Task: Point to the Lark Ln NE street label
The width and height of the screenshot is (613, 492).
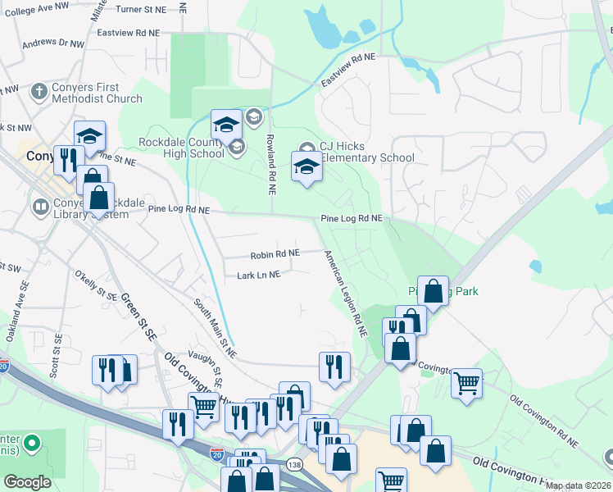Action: (259, 275)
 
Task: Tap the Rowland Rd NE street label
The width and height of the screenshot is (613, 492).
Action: (270, 165)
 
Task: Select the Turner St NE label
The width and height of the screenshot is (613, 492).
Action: (141, 8)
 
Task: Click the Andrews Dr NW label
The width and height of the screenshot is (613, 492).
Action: (52, 43)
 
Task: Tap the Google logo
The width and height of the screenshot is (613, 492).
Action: (28, 482)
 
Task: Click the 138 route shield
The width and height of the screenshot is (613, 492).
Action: (293, 465)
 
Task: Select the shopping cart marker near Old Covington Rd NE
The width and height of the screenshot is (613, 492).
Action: (466, 382)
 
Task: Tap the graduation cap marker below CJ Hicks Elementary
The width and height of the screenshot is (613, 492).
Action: (306, 168)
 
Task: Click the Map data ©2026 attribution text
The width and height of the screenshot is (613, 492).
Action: (579, 485)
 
